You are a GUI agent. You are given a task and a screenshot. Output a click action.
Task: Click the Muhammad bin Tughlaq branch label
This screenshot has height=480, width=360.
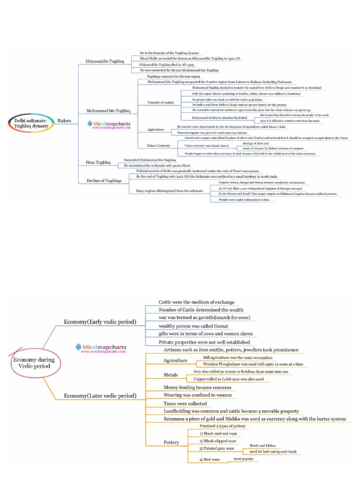105,111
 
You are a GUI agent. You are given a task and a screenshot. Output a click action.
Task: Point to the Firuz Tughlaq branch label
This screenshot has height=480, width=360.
98,163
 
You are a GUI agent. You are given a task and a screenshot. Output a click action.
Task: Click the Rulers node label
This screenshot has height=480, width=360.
64,121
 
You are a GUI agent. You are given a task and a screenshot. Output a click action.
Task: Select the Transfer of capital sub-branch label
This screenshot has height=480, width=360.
161,102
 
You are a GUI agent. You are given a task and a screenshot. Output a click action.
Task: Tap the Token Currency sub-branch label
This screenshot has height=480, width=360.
158,146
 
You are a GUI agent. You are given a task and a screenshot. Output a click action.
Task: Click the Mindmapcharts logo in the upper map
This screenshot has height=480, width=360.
109,125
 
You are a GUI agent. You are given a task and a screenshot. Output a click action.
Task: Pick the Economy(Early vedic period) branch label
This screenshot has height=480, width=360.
100,322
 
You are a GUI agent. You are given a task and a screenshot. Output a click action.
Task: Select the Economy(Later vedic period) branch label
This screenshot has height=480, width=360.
100,396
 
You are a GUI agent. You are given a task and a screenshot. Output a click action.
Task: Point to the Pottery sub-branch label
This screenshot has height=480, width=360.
171,442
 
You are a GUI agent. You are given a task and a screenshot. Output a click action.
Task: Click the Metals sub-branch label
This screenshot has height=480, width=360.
171,375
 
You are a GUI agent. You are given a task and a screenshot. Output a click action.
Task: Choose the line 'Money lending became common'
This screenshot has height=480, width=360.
197,388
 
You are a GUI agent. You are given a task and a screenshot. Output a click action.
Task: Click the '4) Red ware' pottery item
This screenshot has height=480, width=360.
210,459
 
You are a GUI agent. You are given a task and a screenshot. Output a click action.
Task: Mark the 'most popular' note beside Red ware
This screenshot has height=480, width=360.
245,458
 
